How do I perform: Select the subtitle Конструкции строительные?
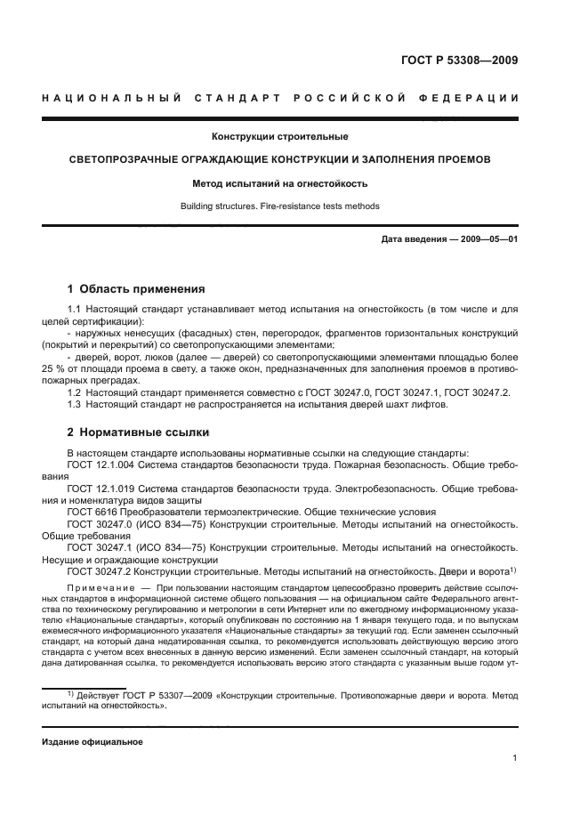278,137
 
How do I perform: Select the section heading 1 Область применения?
136,289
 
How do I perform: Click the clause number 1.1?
75,309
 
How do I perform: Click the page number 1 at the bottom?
515,758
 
